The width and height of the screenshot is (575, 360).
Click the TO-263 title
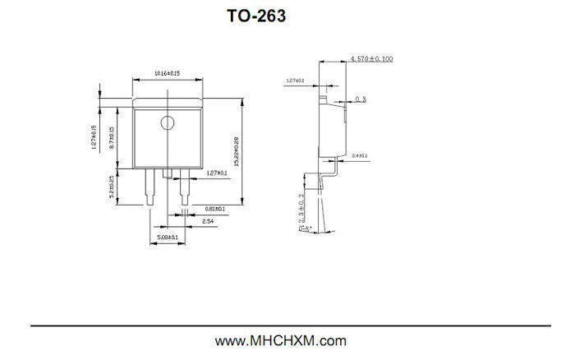pos(255,16)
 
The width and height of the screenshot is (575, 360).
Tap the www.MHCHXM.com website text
pos(281,341)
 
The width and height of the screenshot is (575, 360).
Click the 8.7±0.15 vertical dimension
pos(111,136)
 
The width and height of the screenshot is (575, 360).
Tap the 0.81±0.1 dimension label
pos(215,210)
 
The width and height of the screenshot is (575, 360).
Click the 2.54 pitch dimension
pos(208,222)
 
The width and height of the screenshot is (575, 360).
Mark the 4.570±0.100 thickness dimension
pos(371,59)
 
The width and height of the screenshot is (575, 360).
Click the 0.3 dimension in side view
pos(361,99)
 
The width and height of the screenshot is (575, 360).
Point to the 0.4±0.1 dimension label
pos(360,155)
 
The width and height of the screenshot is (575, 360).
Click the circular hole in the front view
pos(168,123)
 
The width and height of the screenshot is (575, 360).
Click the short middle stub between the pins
pos(167,173)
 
